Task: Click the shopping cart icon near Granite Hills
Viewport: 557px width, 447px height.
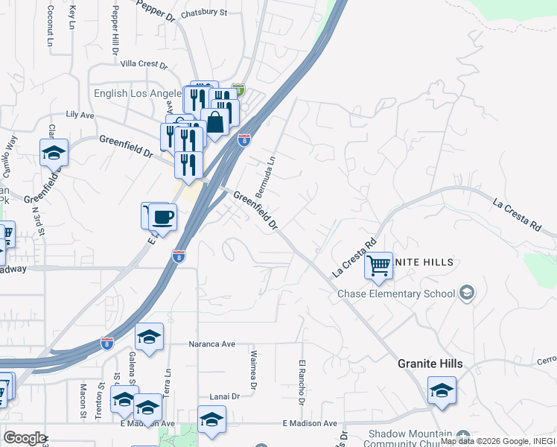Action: point(378,264)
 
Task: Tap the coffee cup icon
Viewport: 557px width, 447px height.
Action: point(162,217)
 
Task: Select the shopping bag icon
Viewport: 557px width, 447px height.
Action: point(215,122)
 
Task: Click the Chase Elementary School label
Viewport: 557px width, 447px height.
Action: point(396,294)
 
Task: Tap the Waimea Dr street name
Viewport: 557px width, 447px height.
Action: point(254,370)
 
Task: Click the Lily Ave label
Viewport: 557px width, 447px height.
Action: point(80,115)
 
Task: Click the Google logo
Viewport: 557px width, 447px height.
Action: point(25,438)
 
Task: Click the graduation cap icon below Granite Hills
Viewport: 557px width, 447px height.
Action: point(442,390)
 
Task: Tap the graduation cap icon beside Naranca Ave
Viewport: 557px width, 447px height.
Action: point(149,337)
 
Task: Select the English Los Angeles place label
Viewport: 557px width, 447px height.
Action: point(138,94)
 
